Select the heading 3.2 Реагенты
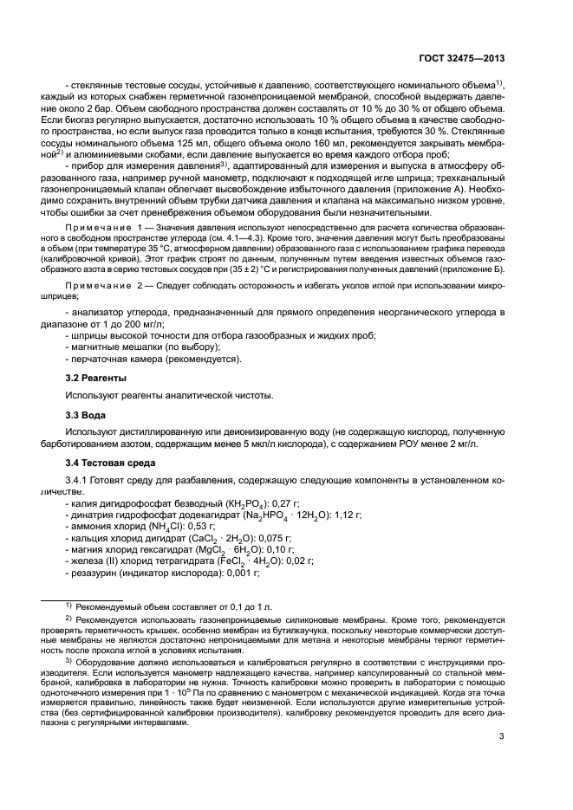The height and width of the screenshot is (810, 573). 96,379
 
